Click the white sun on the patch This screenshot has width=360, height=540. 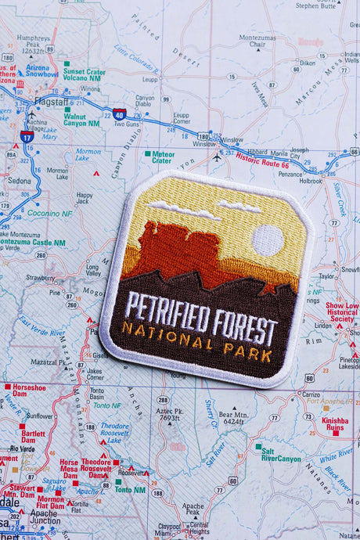pos(268,240)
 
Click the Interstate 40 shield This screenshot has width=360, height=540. pos(118,114)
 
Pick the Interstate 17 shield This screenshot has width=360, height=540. pos(27,136)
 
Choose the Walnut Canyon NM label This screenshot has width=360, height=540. pos(81,118)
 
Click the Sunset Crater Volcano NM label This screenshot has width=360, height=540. pos(84,74)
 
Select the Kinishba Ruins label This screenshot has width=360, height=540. pos(334,423)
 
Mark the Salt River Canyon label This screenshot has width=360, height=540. pos(279,455)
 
